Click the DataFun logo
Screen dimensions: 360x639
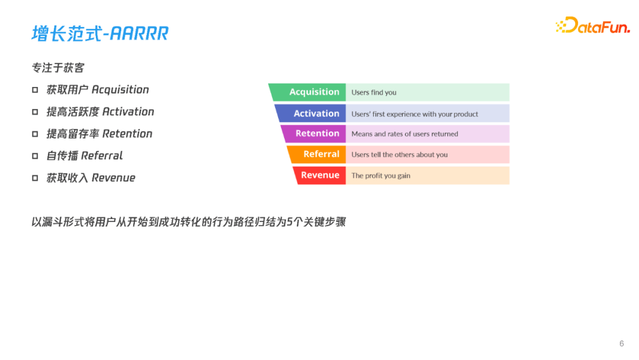pyautogui.click(x=592, y=25)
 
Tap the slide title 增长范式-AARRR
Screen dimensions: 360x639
pyautogui.click(x=100, y=33)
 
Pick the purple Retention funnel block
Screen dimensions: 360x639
pyautogui.click(x=314, y=134)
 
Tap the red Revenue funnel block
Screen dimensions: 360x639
pyautogui.click(x=320, y=175)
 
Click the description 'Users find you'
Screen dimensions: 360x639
pyautogui.click(x=374, y=92)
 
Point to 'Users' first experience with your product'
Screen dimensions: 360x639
pyautogui.click(x=415, y=114)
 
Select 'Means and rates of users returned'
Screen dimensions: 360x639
pyautogui.click(x=405, y=134)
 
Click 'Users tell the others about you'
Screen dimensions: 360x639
pyautogui.click(x=399, y=155)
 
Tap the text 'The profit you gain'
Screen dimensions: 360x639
pyautogui.click(x=380, y=175)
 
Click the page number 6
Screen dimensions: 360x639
pyautogui.click(x=621, y=343)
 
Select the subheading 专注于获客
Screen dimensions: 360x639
pyautogui.click(x=58, y=68)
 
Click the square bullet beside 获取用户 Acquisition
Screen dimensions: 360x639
pyautogui.click(x=35, y=90)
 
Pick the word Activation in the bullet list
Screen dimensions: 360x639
pyautogui.click(x=128, y=112)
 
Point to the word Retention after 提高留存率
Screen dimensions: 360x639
pyautogui.click(x=127, y=134)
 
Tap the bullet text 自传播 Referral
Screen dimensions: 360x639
pyautogui.click(x=85, y=156)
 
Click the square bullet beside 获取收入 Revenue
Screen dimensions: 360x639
pyautogui.click(x=35, y=178)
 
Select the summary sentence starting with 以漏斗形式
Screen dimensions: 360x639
pyautogui.click(x=188, y=223)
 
